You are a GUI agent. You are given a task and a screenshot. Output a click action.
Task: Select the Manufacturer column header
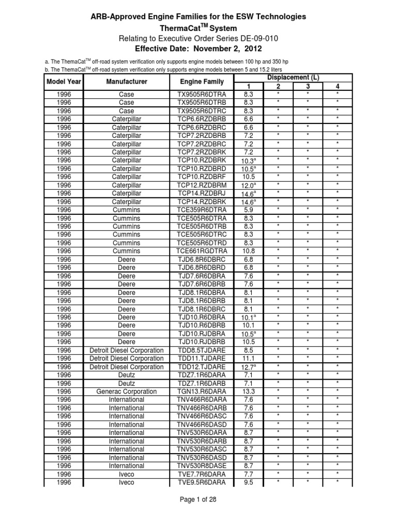tap(127, 82)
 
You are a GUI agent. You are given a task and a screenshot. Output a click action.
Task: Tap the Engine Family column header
tap(202, 82)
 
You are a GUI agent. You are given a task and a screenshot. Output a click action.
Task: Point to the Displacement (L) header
tap(293, 77)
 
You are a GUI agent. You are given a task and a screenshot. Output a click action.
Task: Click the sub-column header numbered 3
tap(308, 86)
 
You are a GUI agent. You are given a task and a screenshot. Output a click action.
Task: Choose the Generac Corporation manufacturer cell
tap(127, 392)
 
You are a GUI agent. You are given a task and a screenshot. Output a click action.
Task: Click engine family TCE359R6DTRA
tap(202, 211)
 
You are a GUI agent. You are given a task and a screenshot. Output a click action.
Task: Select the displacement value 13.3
tap(248, 392)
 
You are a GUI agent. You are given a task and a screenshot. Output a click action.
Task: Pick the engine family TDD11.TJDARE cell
tap(202, 357)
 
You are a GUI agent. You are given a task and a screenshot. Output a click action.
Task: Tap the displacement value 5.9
tap(248, 211)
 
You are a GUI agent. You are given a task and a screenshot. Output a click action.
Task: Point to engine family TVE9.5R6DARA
tap(202, 483)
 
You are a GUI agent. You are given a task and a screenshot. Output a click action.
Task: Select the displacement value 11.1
tap(248, 357)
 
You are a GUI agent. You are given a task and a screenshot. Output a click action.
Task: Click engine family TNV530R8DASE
tap(202, 465)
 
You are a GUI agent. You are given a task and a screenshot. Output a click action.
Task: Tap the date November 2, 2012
tap(225, 49)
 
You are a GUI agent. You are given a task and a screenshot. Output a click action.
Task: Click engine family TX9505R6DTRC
tap(202, 111)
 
